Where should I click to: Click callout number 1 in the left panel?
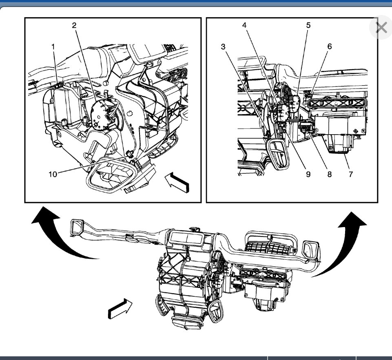[x=53, y=47]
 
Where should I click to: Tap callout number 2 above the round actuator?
[x=74, y=26]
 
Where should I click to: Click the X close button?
[x=381, y=28]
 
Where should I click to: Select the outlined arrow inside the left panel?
[x=178, y=182]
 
